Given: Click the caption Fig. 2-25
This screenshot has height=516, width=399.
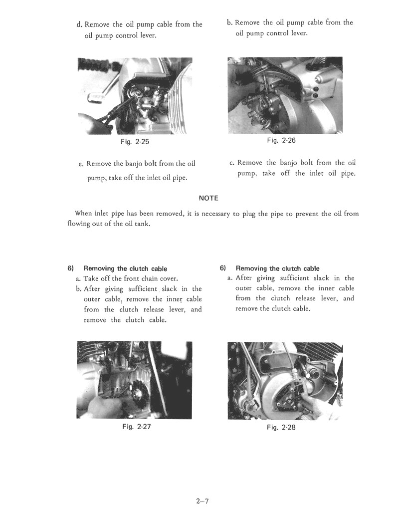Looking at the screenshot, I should click(x=135, y=142).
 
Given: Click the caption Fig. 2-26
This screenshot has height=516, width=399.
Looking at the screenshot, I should click(x=281, y=140).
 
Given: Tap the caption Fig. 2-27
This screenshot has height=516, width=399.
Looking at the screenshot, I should click(x=137, y=427).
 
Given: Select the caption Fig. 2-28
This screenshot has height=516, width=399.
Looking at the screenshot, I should click(x=281, y=427).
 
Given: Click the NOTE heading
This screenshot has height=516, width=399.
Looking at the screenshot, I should click(x=208, y=198).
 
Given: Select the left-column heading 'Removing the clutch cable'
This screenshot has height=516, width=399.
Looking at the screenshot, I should click(x=125, y=268).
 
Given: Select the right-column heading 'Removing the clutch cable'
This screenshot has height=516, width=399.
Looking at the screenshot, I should click(x=277, y=268).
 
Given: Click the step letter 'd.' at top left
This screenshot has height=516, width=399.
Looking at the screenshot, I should click(x=80, y=24).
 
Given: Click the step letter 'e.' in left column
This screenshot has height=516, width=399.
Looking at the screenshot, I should click(x=81, y=164).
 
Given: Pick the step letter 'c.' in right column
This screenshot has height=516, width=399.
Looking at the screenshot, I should click(x=232, y=163).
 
